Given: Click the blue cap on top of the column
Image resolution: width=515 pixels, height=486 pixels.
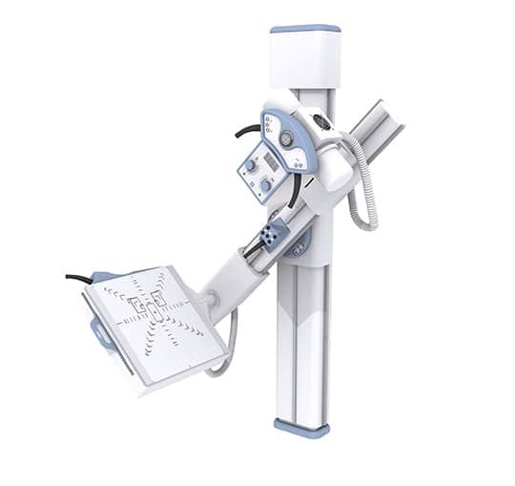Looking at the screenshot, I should (x=304, y=29).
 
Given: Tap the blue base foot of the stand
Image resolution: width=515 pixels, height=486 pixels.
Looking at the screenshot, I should (x=301, y=427).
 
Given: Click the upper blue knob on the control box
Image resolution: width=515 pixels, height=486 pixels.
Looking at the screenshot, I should (x=253, y=165).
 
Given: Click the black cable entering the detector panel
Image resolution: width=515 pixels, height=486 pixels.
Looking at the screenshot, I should (x=78, y=279).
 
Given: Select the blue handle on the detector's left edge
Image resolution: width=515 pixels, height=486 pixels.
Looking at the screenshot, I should (x=99, y=332).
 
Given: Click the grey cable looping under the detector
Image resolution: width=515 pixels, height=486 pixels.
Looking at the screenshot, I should (x=226, y=353).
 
